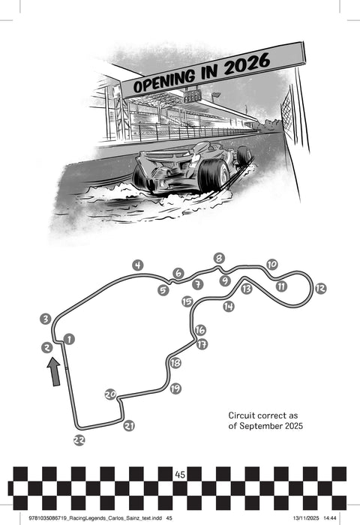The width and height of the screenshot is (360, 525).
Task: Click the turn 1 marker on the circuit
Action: click(x=69, y=339)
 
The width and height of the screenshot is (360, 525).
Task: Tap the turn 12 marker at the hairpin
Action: click(x=320, y=288)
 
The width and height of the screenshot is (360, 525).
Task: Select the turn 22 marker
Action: click(x=79, y=440)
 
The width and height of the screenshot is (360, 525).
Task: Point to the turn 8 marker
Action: click(x=219, y=258)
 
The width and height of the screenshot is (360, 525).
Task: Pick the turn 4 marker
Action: click(x=138, y=265)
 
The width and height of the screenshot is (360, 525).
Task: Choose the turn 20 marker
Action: click(x=110, y=394)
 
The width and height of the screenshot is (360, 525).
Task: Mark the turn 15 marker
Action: click(x=187, y=301)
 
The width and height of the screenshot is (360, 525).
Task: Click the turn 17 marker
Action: click(x=202, y=343)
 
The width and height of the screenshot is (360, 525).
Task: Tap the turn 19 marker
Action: click(x=175, y=388)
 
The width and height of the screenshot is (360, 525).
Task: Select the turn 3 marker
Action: click(x=46, y=319)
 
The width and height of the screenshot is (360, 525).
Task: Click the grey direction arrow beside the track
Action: click(x=54, y=372)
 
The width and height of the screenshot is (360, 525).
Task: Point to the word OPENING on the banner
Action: click(x=164, y=81)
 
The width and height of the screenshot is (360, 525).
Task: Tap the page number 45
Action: click(x=180, y=475)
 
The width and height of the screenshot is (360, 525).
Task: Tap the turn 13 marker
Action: click(x=247, y=288)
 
